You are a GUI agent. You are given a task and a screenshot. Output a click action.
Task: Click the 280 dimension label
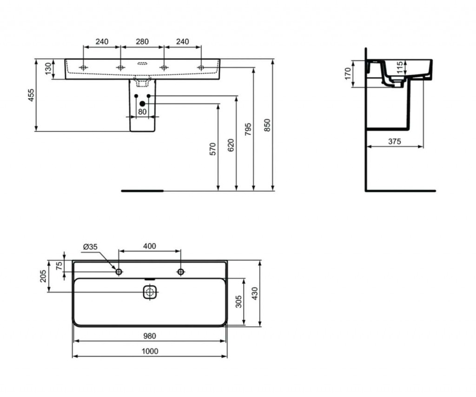pyautogui.click(x=142, y=41)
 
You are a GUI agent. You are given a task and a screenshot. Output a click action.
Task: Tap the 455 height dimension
pyautogui.click(x=31, y=95)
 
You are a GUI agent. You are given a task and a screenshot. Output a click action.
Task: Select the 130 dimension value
pyautogui.click(x=48, y=69)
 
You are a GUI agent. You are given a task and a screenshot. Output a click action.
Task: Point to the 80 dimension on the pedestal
pyautogui.click(x=142, y=112)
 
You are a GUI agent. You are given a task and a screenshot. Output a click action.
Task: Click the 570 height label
pyautogui.click(x=213, y=149)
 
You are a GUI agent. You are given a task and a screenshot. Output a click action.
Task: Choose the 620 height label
pyautogui.click(x=231, y=145)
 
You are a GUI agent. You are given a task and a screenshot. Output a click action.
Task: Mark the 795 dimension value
pyautogui.click(x=248, y=129)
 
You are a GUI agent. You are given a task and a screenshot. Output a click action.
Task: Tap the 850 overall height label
pyautogui.click(x=267, y=125)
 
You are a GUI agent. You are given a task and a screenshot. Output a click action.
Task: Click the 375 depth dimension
pyautogui.click(x=394, y=141)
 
